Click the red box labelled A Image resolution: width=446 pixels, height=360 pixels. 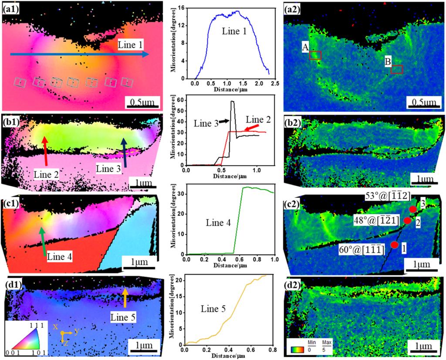(315, 55)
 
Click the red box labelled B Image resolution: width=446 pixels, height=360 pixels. (397, 69)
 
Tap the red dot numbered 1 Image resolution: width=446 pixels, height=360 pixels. (395, 245)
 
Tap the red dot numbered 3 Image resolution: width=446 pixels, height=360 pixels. (413, 209)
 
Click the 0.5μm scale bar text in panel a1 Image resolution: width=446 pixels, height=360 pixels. (144, 102)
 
